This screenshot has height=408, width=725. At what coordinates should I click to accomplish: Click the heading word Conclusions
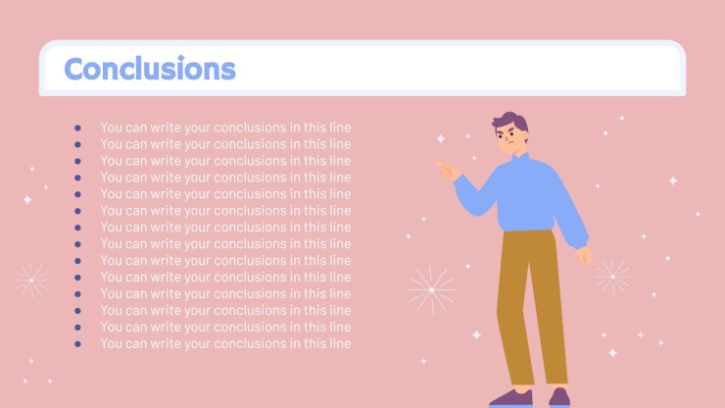[x=150, y=69]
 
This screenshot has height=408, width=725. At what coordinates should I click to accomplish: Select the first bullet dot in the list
[x=77, y=127]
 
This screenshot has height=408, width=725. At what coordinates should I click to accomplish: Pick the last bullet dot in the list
[x=77, y=344]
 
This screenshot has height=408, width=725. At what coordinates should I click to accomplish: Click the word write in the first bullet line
[x=166, y=127]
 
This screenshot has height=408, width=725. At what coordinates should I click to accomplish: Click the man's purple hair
[x=510, y=123]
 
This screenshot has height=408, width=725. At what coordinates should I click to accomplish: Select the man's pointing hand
[x=447, y=170]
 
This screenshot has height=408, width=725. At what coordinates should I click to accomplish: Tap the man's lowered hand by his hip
[x=585, y=256]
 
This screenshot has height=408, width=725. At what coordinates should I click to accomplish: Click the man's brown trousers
[x=532, y=306]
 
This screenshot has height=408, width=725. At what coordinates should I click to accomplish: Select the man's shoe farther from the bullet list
[x=559, y=398]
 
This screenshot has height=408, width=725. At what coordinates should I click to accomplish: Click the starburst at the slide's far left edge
[x=31, y=280]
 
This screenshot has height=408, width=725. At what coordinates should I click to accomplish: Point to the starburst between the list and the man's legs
[x=431, y=290]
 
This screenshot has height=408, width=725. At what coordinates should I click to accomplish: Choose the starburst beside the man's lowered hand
[x=612, y=277]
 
